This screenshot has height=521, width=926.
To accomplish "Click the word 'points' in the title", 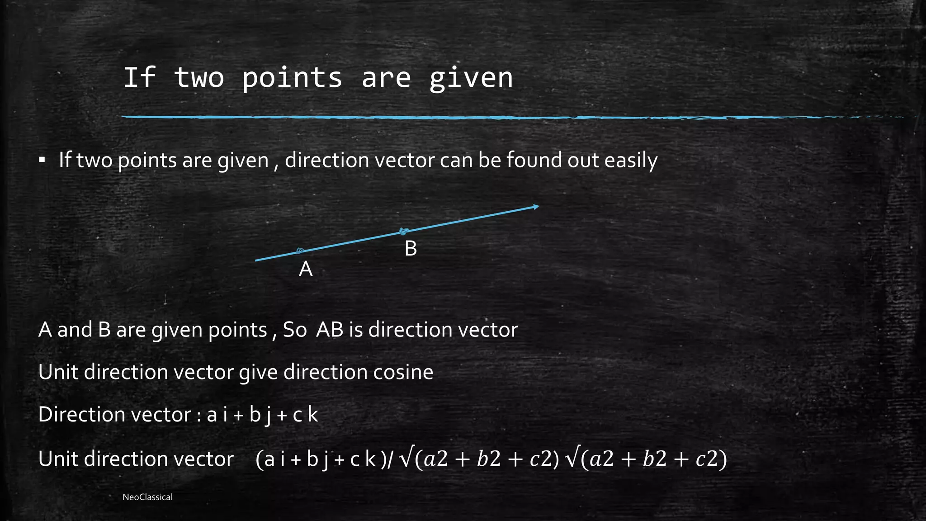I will point(292,78).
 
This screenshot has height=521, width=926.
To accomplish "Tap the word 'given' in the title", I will point(471,78).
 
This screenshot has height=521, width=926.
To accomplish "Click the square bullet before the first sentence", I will point(42,160).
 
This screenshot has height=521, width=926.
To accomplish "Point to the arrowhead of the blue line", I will point(536,207).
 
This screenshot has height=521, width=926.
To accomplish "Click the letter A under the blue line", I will point(306,269).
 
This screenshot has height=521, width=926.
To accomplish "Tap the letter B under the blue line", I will point(411,248).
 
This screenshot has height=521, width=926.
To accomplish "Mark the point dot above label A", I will point(300,251).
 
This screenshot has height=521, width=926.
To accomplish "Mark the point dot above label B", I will point(404,232).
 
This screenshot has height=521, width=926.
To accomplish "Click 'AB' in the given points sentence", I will point(330,330).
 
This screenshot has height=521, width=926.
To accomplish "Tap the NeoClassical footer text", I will point(147,497).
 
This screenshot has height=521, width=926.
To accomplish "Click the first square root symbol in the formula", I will point(406,459).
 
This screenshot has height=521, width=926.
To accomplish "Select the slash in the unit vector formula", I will point(391,459).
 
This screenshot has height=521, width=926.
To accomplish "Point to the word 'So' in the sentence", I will point(295,330).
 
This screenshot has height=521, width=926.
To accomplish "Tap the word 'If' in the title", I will point(139,78).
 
